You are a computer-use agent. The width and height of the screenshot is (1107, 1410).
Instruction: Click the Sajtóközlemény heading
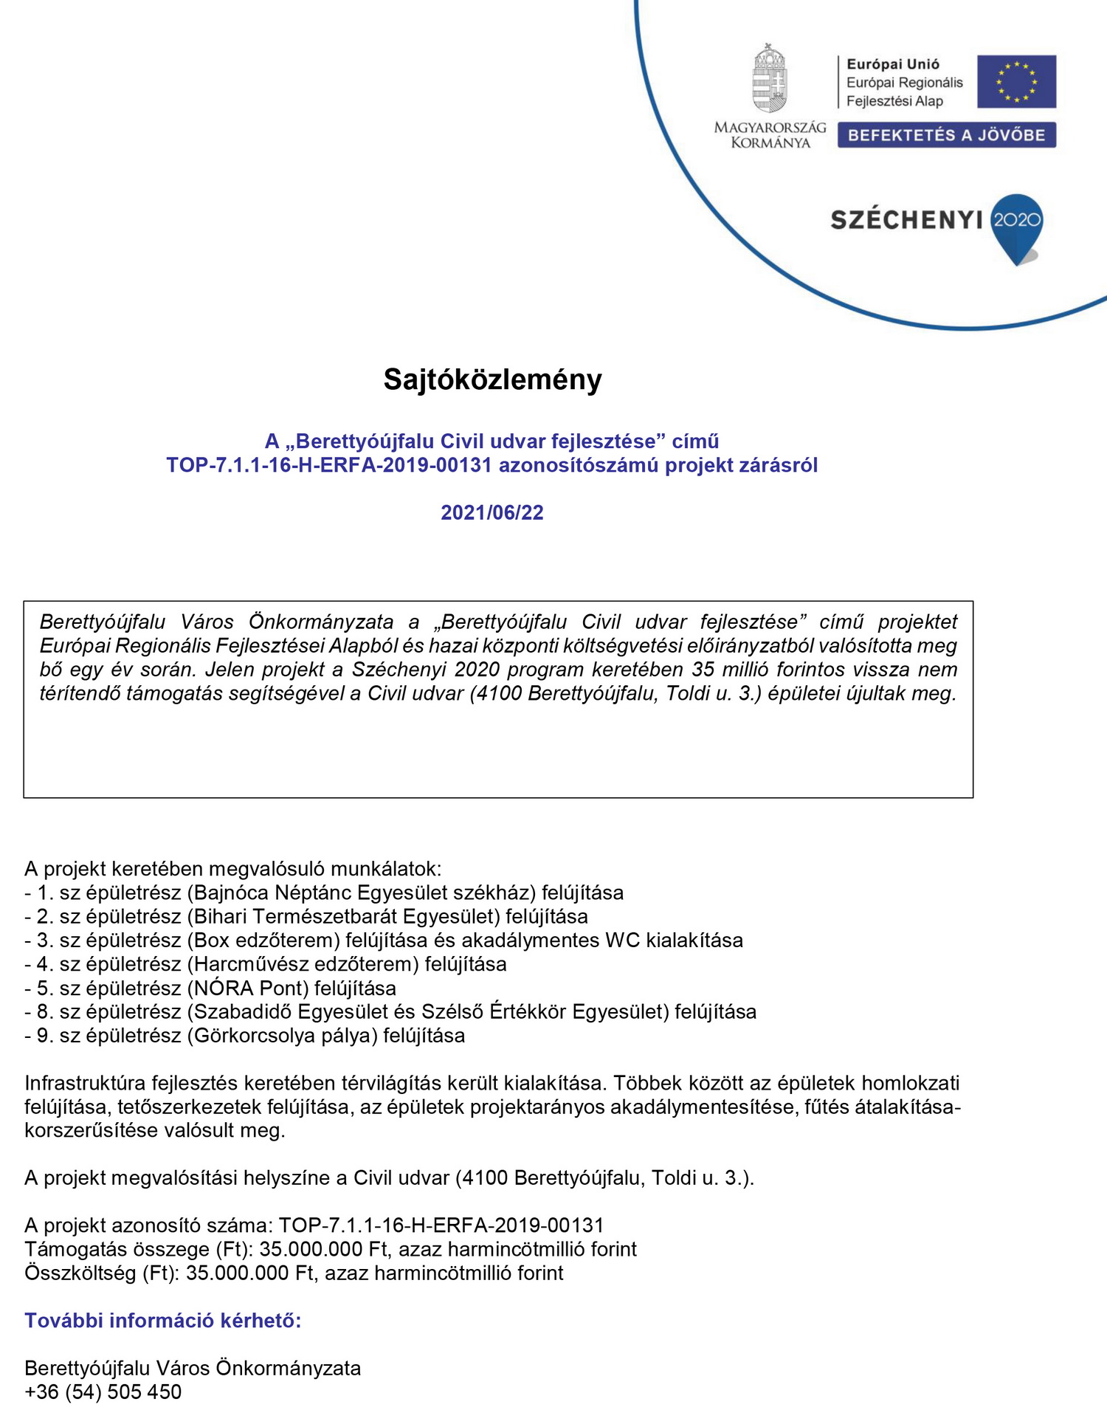(x=492, y=379)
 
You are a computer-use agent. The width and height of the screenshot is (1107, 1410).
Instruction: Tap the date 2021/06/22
(x=492, y=512)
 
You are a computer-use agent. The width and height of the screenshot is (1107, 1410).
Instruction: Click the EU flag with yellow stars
(x=1016, y=81)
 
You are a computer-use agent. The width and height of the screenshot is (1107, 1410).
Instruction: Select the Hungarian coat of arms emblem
(x=770, y=78)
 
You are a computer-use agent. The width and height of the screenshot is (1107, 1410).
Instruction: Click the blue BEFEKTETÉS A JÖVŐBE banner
(x=946, y=135)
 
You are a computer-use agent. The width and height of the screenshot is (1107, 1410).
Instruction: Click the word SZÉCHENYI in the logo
(x=906, y=220)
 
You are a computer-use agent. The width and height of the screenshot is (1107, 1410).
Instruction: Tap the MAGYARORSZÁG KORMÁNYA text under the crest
(x=770, y=135)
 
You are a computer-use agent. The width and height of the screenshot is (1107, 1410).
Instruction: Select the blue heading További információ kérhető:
(x=163, y=1321)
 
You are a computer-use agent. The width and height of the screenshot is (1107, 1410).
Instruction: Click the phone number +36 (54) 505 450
(x=103, y=1392)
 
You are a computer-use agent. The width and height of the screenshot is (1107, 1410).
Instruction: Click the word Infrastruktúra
(x=85, y=1083)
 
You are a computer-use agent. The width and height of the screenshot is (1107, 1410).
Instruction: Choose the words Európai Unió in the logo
(x=893, y=64)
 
